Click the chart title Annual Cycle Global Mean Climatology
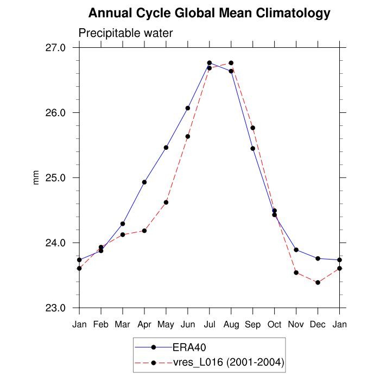pyautogui.click(x=209, y=13)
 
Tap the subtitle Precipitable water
pyautogui.click(x=125, y=33)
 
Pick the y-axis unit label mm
pyautogui.click(x=36, y=178)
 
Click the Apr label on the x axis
pyautogui.click(x=144, y=325)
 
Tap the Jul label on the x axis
pyautogui.click(x=210, y=325)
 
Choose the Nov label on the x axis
pyautogui.click(x=296, y=325)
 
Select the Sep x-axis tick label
pyautogui.click(x=253, y=325)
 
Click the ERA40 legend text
pyautogui.click(x=188, y=347)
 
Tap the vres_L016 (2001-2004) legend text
pyautogui.click(x=228, y=362)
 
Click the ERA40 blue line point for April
pyautogui.click(x=144, y=182)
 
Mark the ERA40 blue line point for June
pyautogui.click(x=188, y=108)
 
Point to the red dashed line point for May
pyautogui.click(x=166, y=202)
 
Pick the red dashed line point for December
pyautogui.click(x=318, y=282)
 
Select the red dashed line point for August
pyautogui.click(x=231, y=63)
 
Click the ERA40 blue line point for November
pyautogui.click(x=296, y=250)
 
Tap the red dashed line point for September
pyautogui.click(x=253, y=128)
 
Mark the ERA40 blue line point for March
pyautogui.click(x=123, y=224)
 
